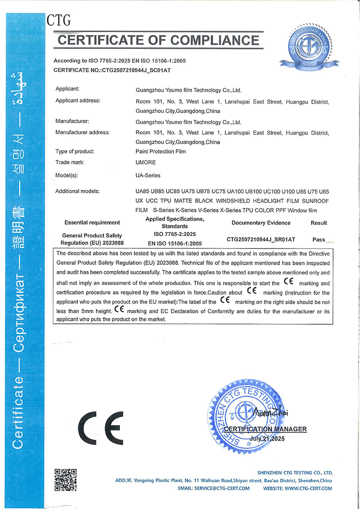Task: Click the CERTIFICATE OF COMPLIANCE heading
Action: [x=158, y=40]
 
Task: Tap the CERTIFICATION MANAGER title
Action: [x=265, y=429]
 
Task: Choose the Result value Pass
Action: [x=319, y=239]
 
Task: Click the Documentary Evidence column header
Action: [x=261, y=223]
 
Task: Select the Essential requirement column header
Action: [x=92, y=223]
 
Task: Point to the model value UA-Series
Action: [x=148, y=176]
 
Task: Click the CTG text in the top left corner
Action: [x=59, y=20]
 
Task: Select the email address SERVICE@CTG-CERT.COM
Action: [x=222, y=488]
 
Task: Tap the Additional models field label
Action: [x=77, y=191]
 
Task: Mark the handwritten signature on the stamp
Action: [x=265, y=411]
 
